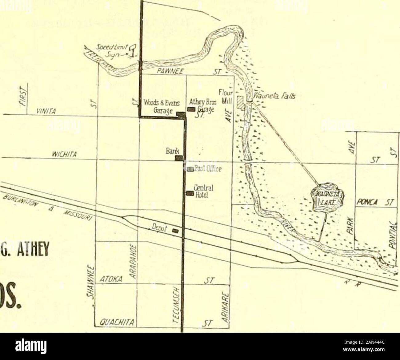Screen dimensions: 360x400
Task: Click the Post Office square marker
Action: click(x=190, y=169)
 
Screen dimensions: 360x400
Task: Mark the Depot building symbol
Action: click(x=175, y=231)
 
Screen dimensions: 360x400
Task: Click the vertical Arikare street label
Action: click(x=225, y=311)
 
